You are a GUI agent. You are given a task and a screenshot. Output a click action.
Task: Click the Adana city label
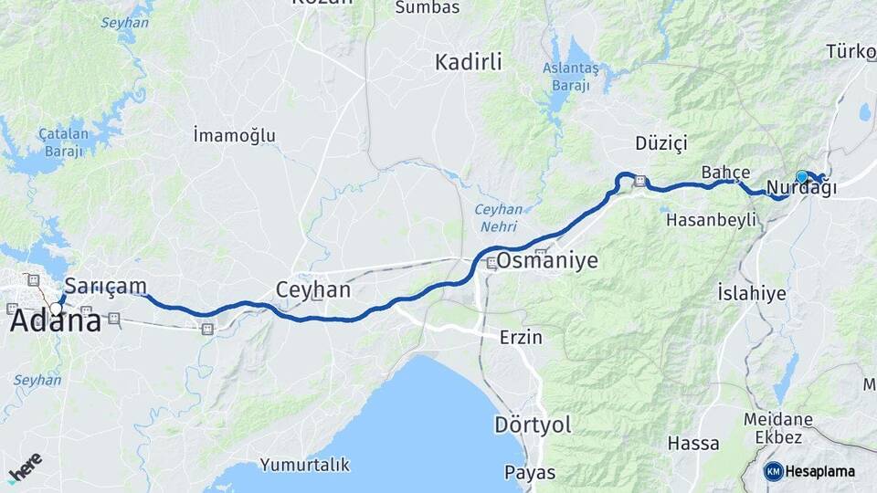click(56, 322)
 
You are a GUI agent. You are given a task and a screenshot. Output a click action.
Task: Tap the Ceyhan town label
click(313, 290)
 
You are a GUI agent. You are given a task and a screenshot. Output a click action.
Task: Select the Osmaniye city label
click(547, 261)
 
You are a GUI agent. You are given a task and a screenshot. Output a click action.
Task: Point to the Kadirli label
click(469, 62)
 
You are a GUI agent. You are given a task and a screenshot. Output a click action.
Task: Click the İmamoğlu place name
click(235, 136)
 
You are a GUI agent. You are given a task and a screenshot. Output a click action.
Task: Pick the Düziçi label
click(661, 143)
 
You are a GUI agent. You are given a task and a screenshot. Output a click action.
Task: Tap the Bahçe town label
click(726, 172)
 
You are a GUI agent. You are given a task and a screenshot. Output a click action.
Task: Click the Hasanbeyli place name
click(713, 220)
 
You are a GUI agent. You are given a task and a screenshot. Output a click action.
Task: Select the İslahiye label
click(752, 293)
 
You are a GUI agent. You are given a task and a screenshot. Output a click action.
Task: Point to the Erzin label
click(521, 337)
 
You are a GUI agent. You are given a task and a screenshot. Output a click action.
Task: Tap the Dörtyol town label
click(533, 425)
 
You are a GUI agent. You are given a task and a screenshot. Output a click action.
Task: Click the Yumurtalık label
click(305, 465)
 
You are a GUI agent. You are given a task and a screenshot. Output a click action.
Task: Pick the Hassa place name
click(693, 444)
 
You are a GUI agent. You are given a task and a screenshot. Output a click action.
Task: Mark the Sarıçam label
click(106, 286)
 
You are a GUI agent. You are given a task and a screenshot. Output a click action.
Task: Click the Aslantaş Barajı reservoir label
click(571, 77)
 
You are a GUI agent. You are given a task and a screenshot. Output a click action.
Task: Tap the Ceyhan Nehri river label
click(499, 216)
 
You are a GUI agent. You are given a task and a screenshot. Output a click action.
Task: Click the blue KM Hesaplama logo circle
click(774, 471)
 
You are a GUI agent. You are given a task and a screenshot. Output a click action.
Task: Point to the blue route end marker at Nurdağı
click(801, 176)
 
